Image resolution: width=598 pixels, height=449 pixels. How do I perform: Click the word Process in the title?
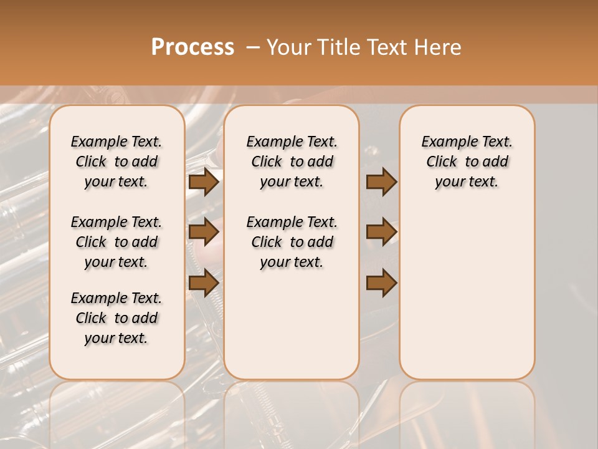coord(192,47)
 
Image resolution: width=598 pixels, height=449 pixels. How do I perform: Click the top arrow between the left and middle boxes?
coord(204,182)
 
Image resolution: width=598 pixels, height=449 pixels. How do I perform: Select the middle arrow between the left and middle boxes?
coord(204,232)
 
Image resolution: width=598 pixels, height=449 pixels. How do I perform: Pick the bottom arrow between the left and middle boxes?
coord(204,282)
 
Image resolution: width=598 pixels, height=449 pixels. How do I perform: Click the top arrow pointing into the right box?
coord(381,182)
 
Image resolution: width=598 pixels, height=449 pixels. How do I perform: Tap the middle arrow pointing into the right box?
coord(381,232)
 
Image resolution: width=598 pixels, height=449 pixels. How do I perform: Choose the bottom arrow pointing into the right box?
coord(381,282)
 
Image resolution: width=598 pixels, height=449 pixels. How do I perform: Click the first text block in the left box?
coord(116,162)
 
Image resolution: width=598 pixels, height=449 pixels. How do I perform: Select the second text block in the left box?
coord(116,242)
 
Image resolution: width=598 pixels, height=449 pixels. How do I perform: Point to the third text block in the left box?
coord(116,318)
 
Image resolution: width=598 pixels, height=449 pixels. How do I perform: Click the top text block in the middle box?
coord(292,162)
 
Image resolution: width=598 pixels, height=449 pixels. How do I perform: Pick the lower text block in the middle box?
coord(292,242)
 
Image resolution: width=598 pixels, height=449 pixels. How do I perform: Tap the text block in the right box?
coord(467,162)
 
